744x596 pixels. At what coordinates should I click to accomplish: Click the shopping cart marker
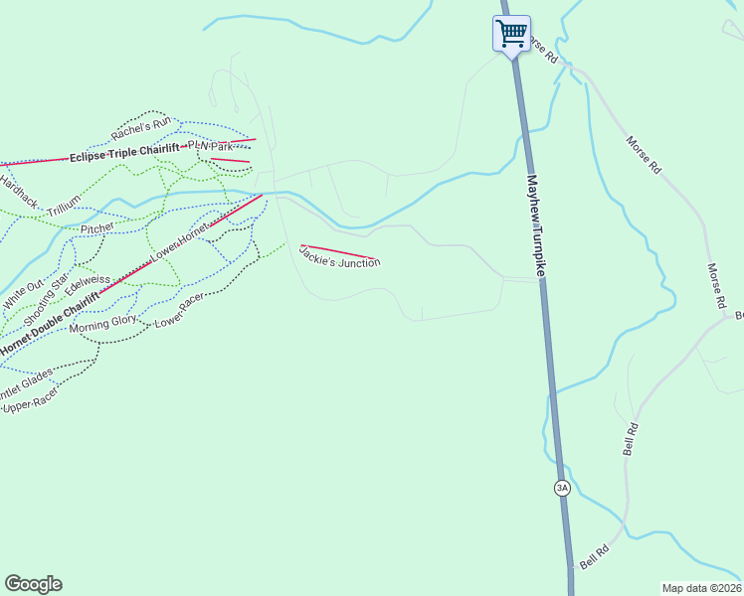[511, 34]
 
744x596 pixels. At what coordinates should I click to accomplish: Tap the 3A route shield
[562, 488]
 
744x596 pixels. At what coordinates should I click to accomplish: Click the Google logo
[33, 584]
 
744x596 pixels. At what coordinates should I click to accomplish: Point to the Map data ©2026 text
[701, 588]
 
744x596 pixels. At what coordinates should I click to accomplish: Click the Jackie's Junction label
[339, 256]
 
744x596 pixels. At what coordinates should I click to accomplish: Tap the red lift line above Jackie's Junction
[339, 252]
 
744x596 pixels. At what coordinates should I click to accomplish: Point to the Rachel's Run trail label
[142, 128]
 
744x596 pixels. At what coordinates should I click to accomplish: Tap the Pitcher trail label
[97, 228]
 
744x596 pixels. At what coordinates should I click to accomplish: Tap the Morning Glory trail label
[102, 321]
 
